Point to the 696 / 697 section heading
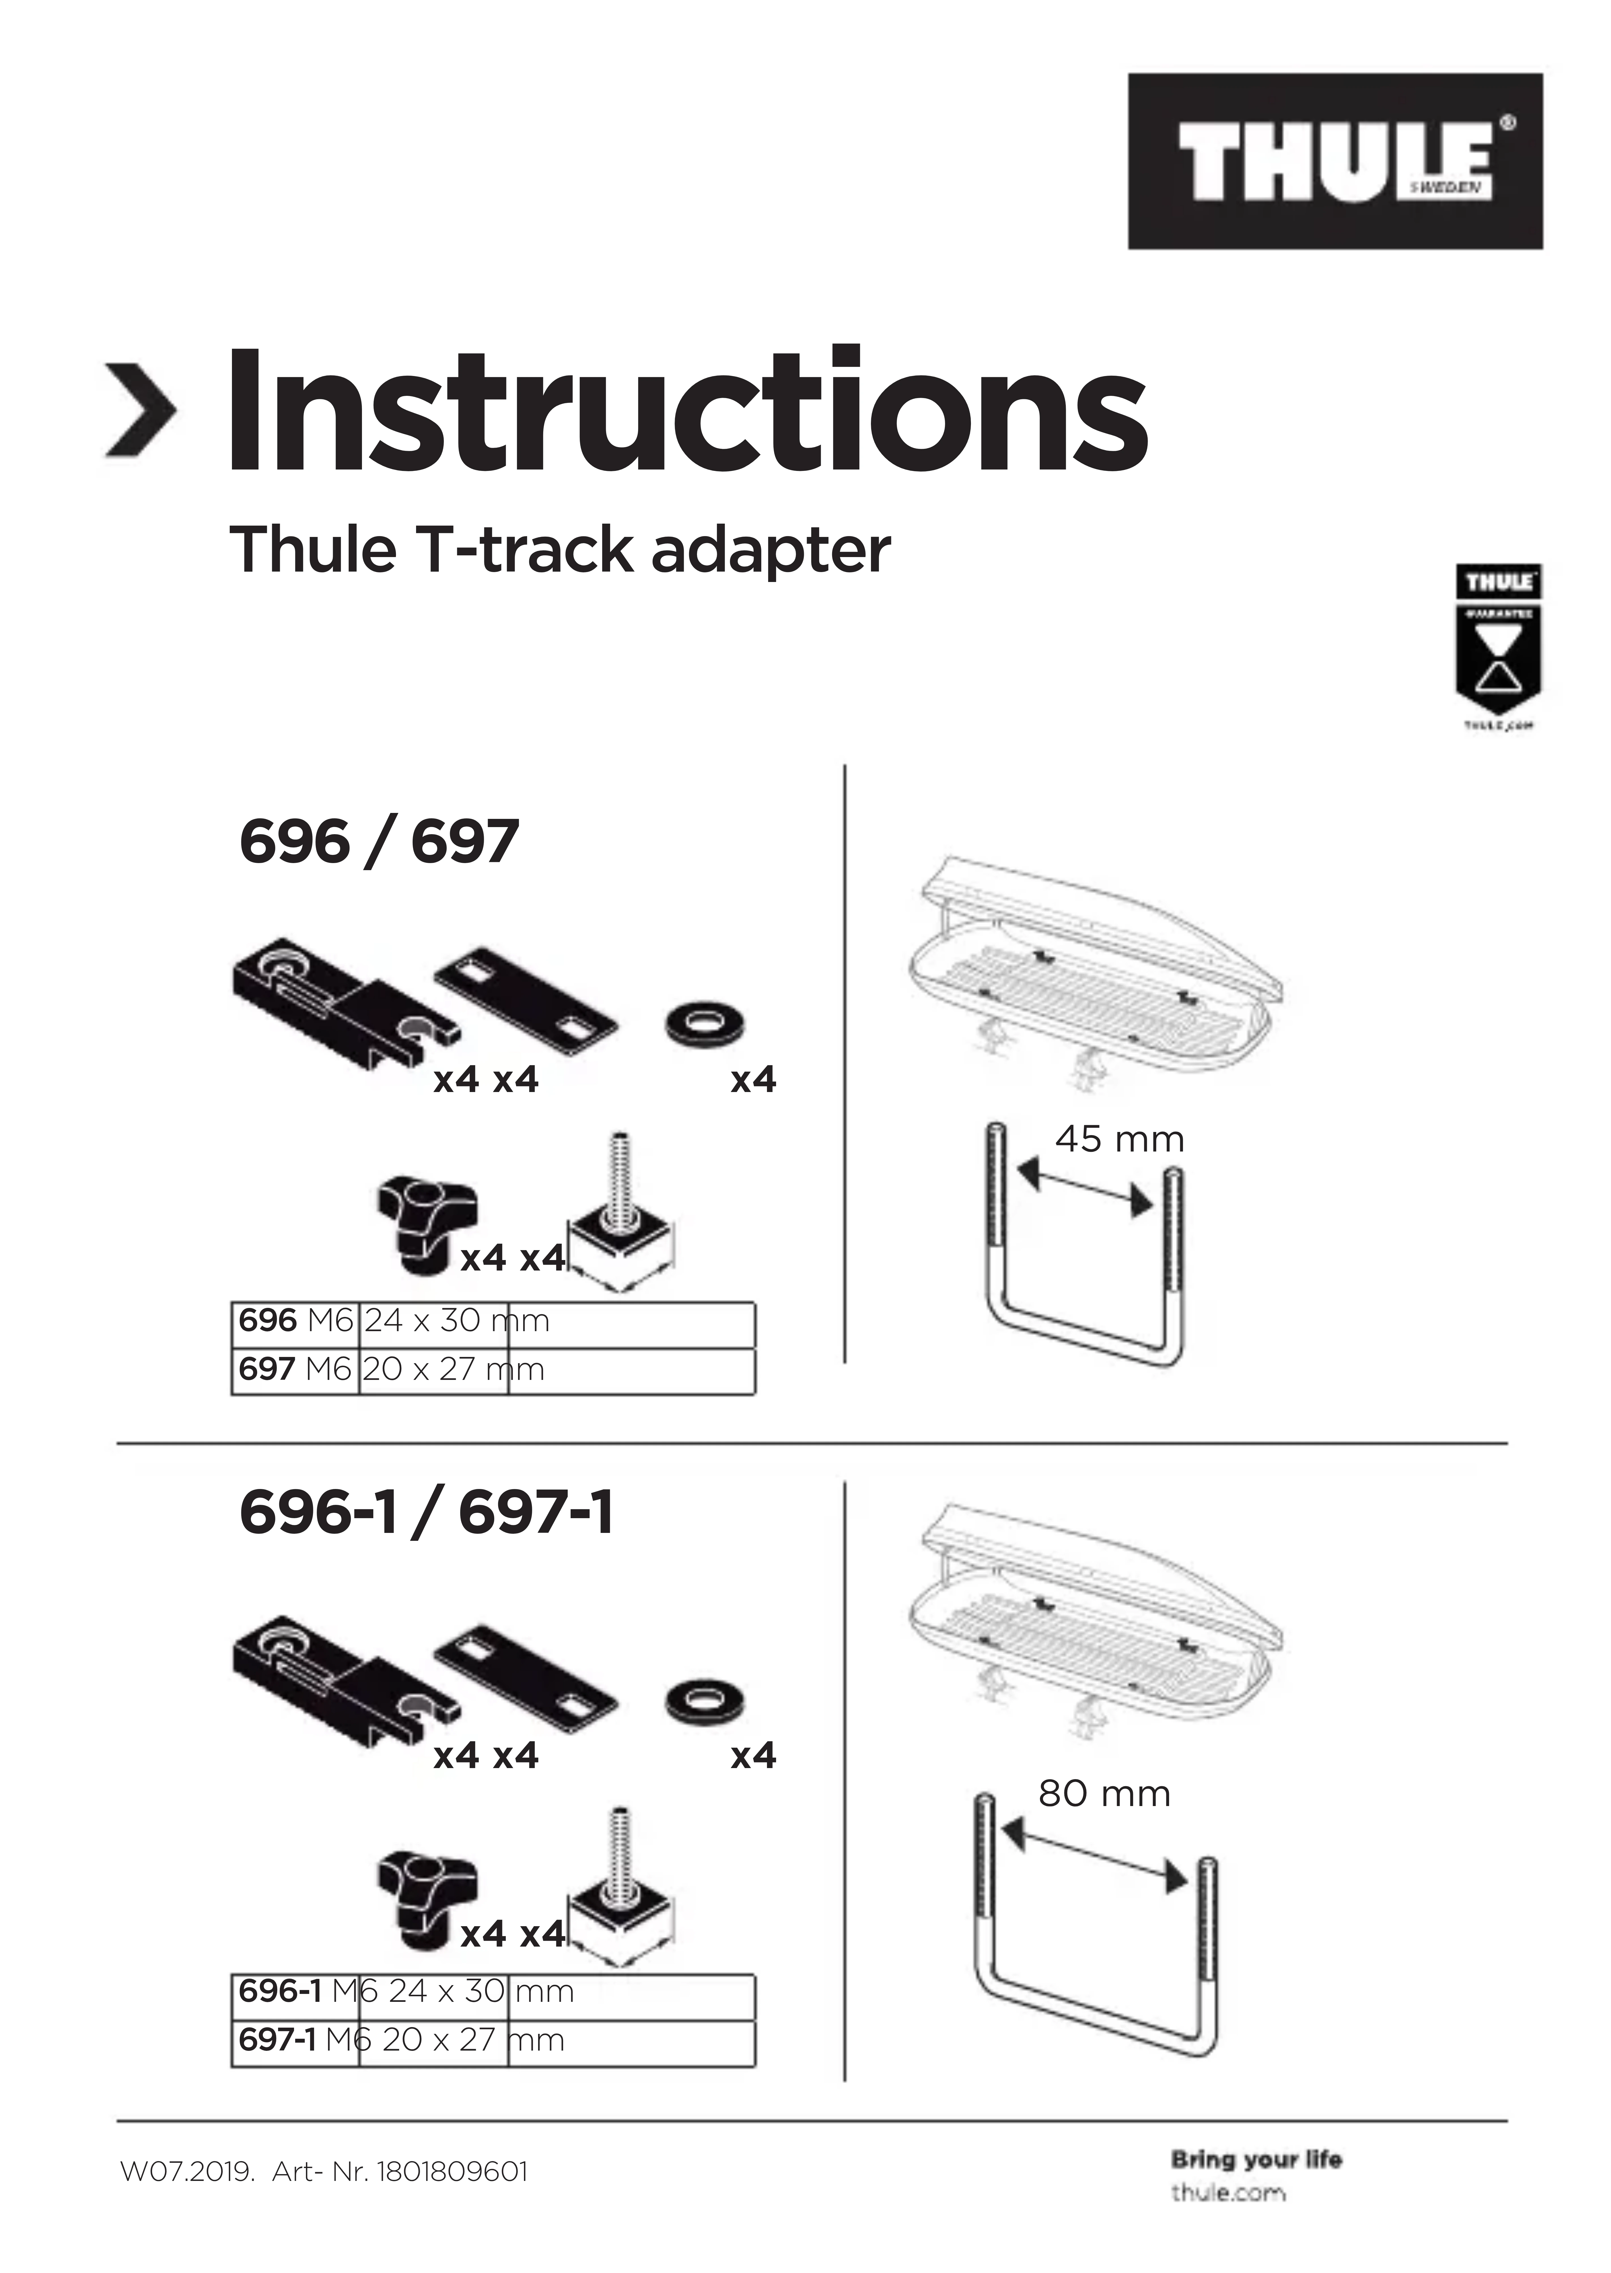point(379,842)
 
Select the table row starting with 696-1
point(492,1991)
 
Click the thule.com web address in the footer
point(1227,2193)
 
